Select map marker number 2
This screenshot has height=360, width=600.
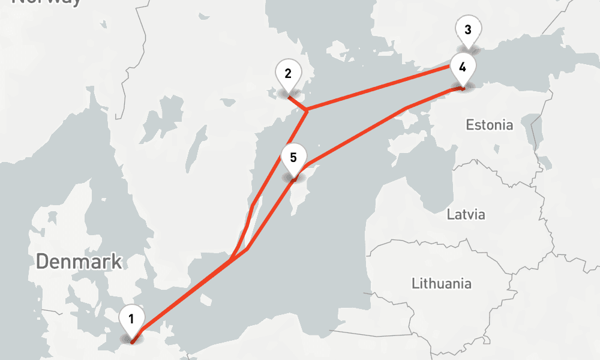click(x=288, y=75)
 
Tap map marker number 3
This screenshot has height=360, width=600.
click(x=467, y=31)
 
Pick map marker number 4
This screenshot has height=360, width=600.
click(x=462, y=68)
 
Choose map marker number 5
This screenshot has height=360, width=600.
click(x=293, y=158)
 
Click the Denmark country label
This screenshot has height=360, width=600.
click(x=79, y=262)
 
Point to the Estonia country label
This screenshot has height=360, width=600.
click(x=490, y=125)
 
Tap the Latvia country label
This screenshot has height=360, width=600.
click(x=466, y=214)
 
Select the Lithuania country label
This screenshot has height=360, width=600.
click(x=442, y=283)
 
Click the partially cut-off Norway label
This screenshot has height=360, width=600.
click(x=47, y=2)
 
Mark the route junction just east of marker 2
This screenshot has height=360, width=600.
click(x=307, y=110)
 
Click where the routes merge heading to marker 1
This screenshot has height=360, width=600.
click(x=232, y=259)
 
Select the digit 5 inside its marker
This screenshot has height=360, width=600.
click(x=293, y=158)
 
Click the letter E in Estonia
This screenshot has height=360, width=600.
click(x=470, y=125)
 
